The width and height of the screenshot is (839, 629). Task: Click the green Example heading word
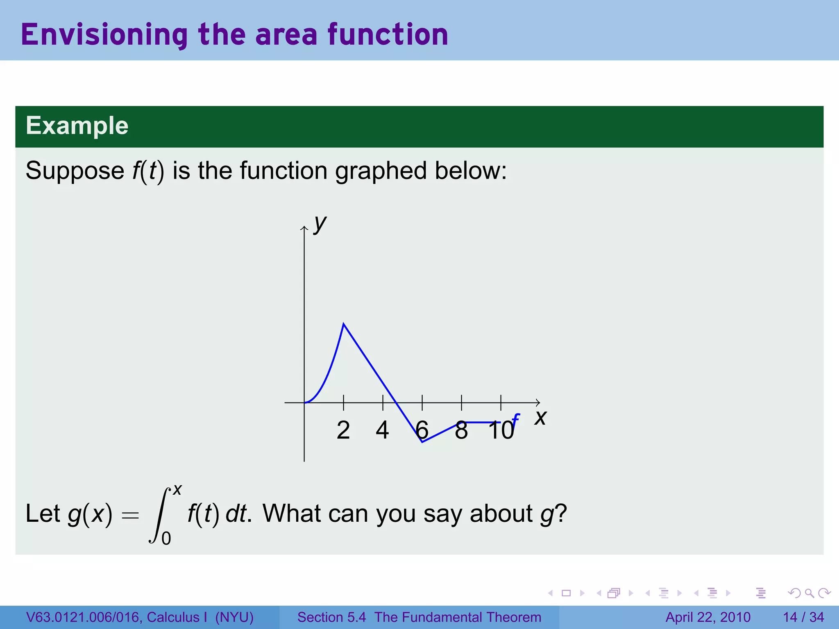pos(77,125)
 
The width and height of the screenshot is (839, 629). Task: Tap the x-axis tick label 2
pos(343,430)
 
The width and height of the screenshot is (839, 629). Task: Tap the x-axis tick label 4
pos(382,430)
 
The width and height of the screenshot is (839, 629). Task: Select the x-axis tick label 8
pos(461,430)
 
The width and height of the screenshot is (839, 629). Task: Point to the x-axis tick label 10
pos(501,430)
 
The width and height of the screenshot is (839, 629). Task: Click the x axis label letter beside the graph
pos(540,418)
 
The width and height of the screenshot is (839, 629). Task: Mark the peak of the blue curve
pos(344,324)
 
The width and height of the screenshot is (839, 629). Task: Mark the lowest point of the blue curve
pos(422,442)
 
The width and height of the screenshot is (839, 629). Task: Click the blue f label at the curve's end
pos(515,419)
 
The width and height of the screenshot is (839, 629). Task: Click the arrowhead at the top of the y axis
pos(304,228)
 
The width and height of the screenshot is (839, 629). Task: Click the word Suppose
pos(75,170)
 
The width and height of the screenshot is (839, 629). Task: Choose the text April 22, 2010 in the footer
pos(708,617)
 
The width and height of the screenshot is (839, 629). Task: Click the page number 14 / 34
pos(803,617)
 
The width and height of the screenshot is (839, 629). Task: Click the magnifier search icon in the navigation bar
pos(809,593)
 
